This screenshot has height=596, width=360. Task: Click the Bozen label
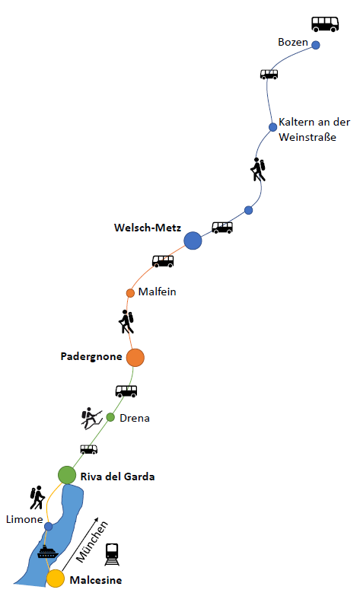pos(293,42)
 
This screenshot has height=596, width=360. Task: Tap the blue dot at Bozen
pos(316,45)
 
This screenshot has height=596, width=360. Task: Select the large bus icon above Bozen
pos(325,24)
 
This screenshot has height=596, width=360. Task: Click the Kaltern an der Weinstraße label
pos(314,129)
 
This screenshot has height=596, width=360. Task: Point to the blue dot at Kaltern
pos(272,127)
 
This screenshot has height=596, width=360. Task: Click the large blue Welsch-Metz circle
pos(193,241)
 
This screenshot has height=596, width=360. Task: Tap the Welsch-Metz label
pos(148,228)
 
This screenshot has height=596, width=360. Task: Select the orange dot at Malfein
pos(130,293)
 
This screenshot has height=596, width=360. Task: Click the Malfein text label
pos(157,292)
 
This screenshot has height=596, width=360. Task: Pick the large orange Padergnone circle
pos(135,358)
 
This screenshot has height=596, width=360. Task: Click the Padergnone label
pos(91,357)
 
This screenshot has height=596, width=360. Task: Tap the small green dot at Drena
pos(110,417)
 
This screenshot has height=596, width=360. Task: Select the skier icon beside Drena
pos(91,419)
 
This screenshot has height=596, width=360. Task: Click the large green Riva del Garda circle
pos(67,475)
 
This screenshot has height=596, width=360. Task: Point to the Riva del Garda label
pos(117,476)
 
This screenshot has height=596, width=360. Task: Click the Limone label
pos(24,519)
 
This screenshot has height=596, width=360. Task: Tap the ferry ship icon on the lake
pos(47,552)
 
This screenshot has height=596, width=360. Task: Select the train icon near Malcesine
pos(112,555)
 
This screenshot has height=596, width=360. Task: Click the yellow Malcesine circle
pos(56,578)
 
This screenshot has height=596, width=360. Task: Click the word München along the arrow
pos(92,542)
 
